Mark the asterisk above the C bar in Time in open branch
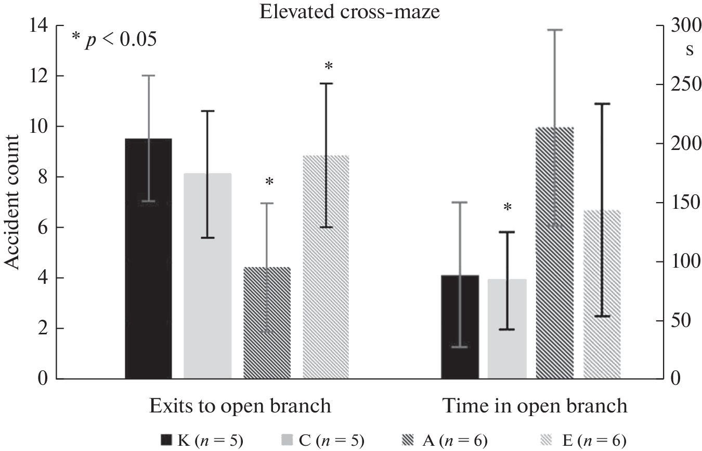click(508, 207)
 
